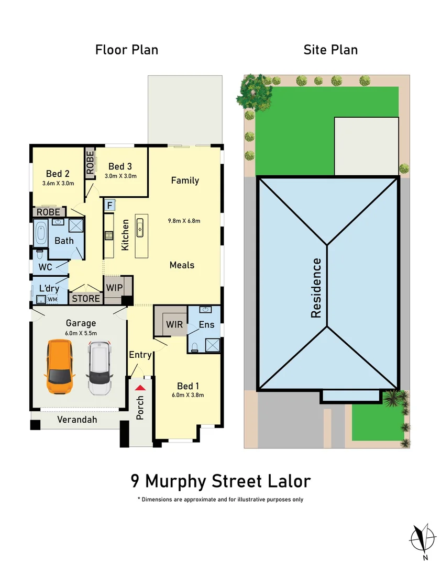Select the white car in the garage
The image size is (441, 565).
100,368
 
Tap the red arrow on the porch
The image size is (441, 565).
140,388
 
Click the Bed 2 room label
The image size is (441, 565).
58,174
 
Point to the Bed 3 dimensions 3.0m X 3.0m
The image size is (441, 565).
120,176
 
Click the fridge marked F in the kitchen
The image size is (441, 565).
109,205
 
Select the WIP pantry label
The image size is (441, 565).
114,287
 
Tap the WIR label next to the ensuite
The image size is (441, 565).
174,324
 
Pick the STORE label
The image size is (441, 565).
86,298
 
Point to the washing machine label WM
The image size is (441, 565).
52,299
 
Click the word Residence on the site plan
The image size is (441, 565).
316,288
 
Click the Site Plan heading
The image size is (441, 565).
330,50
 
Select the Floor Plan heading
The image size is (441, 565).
126,50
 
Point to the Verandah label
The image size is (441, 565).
77,420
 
